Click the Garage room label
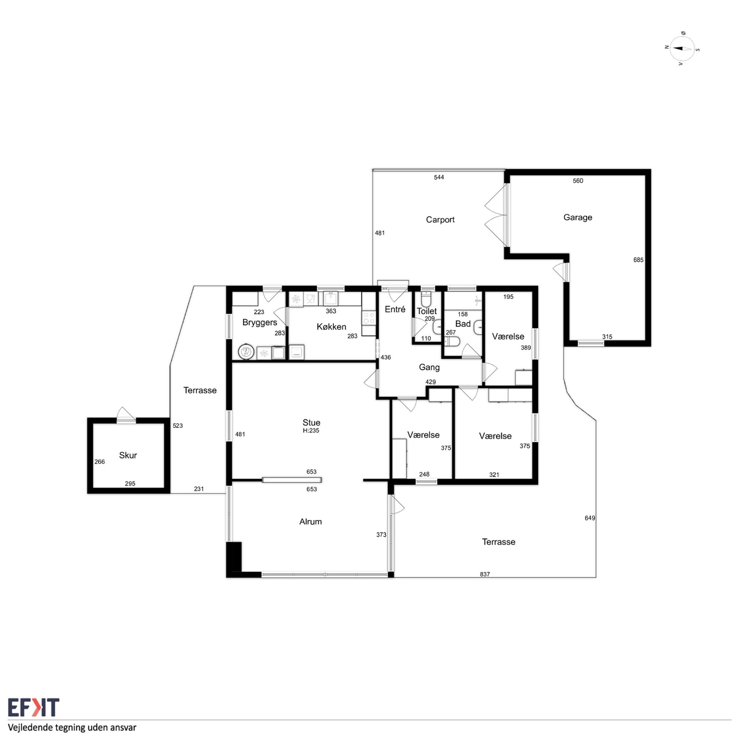point(577,217)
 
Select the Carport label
point(440,220)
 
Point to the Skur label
point(128,455)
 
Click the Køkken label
point(331,327)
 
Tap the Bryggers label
point(259,322)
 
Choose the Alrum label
point(310,522)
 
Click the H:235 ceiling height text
point(311,430)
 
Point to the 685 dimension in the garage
point(638,260)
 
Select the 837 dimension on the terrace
point(485,574)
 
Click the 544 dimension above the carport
point(439,177)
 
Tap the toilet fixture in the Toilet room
point(426,298)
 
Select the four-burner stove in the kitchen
point(369,318)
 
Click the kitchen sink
point(330,298)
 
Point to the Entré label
point(395,309)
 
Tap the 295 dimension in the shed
point(130,484)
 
